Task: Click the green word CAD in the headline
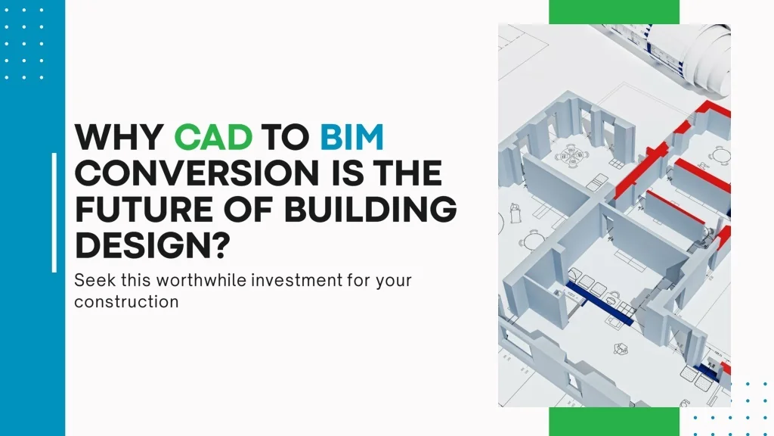tap(213, 138)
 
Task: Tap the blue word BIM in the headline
tap(351, 138)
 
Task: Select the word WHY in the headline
tap(119, 138)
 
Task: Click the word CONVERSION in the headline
tap(200, 174)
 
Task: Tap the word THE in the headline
tap(407, 174)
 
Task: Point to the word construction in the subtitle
tap(126, 302)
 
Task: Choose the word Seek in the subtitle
tap(91, 281)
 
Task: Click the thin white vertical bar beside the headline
tap(54, 212)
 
